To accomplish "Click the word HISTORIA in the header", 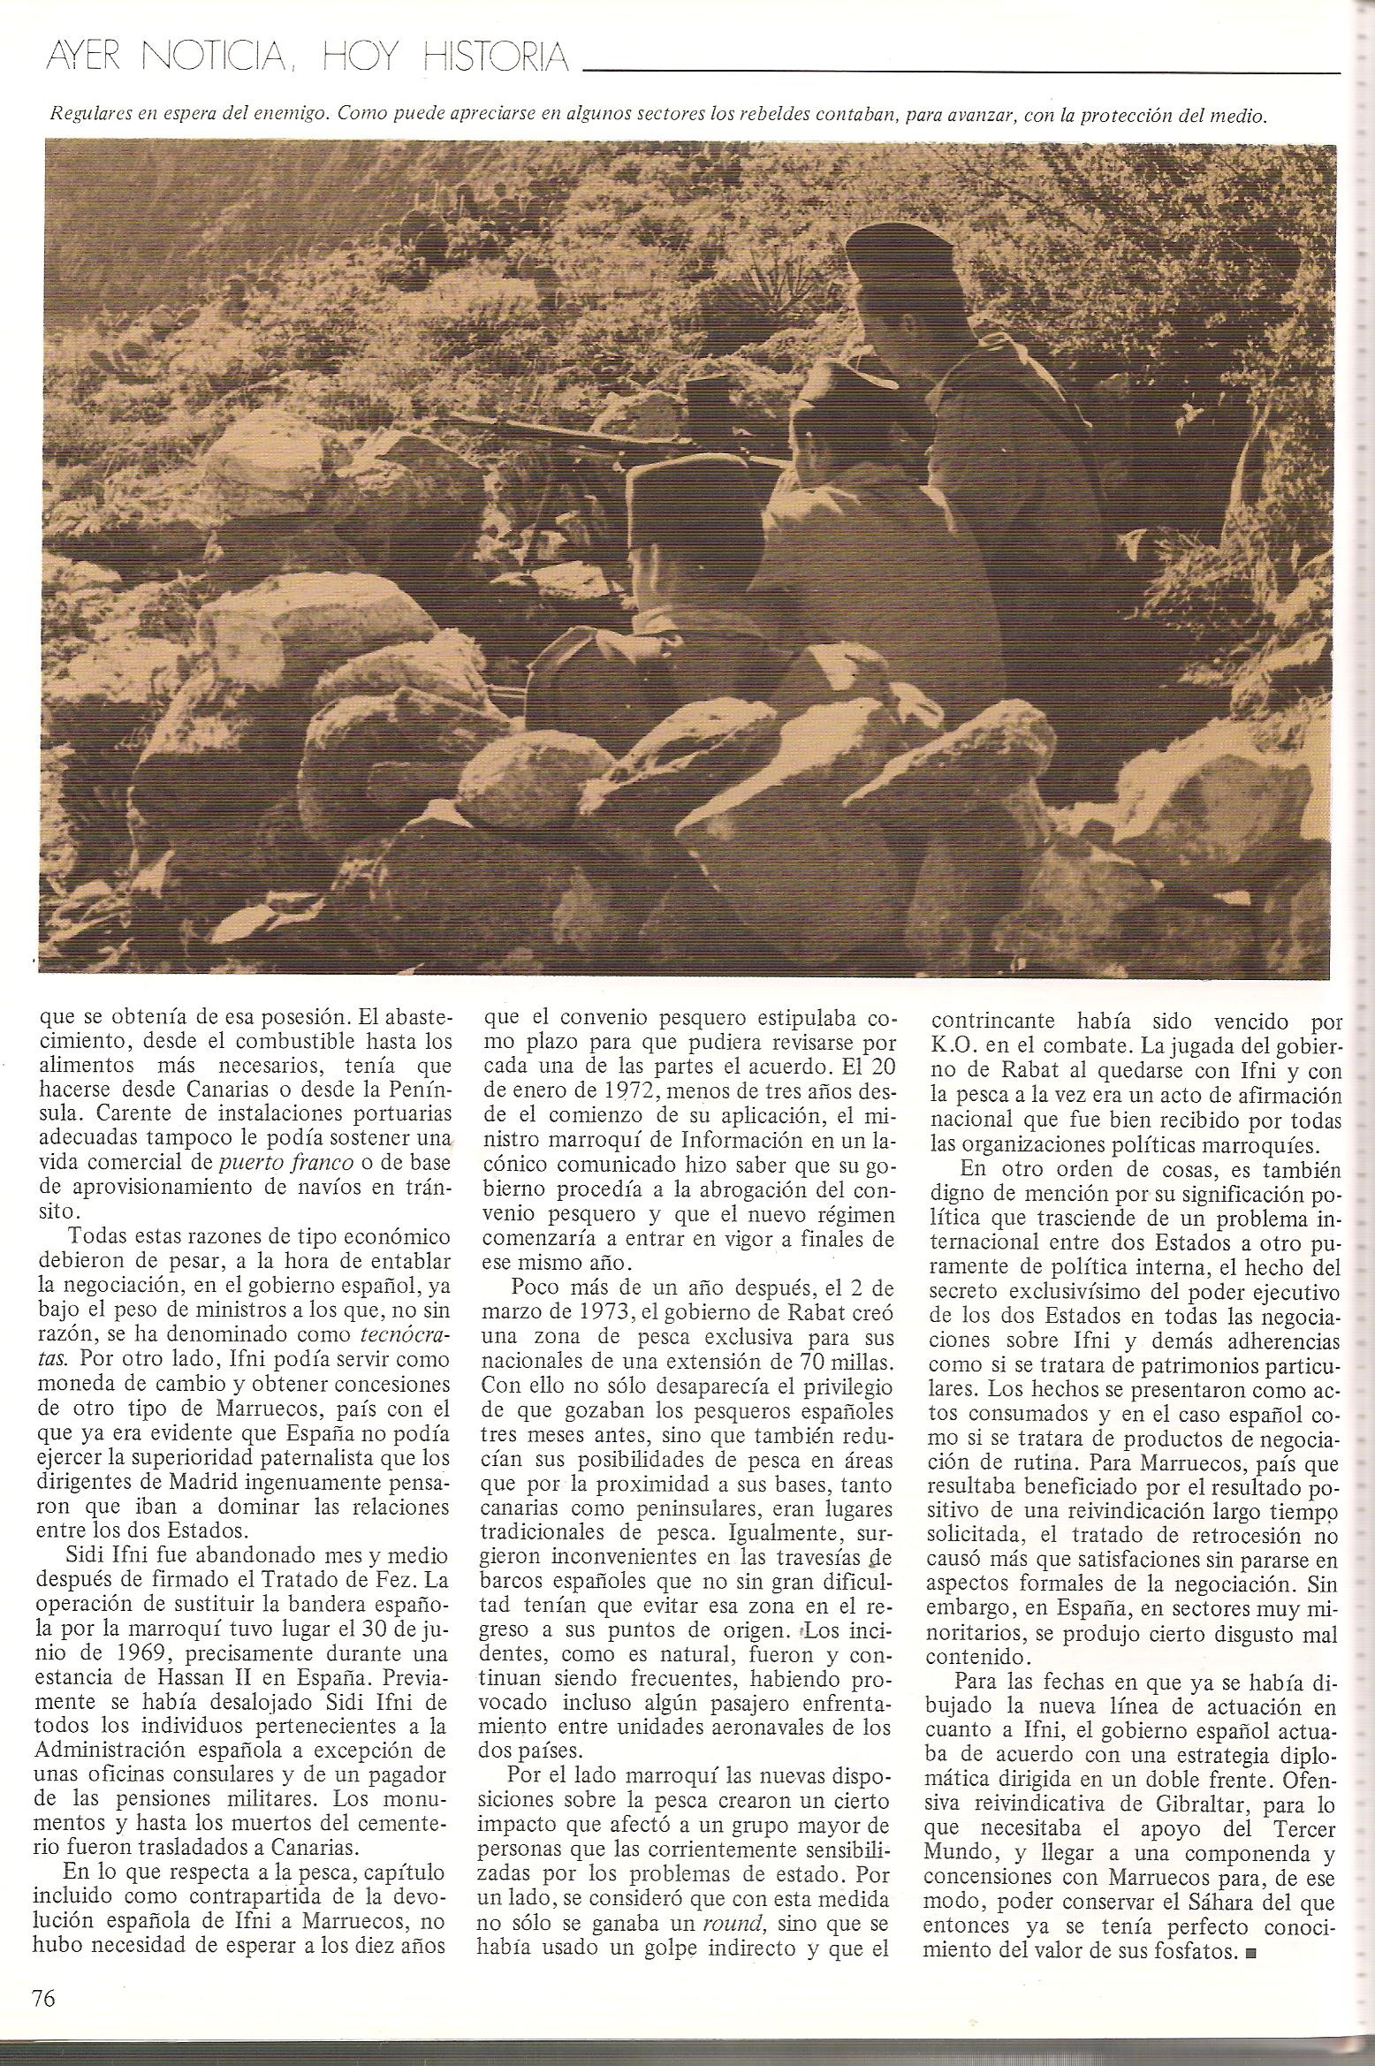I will point(495,57).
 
